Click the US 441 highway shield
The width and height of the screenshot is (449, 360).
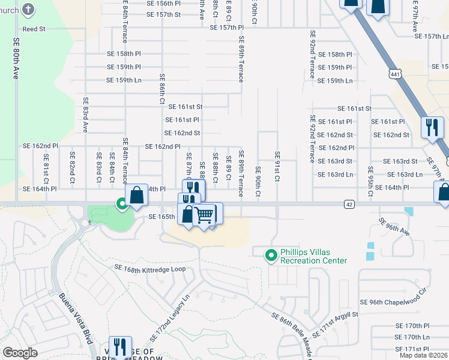394,74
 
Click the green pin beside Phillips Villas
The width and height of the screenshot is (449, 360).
271,256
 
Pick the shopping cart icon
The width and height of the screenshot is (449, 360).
205,214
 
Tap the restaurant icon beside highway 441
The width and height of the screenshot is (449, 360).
432,128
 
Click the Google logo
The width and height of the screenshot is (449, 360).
20,352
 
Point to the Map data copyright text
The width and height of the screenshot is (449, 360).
423,355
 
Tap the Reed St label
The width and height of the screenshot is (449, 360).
34,29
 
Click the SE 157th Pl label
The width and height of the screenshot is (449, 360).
227,28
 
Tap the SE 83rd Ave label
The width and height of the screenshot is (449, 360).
86,115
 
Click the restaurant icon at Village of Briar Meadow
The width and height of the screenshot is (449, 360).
119,347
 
